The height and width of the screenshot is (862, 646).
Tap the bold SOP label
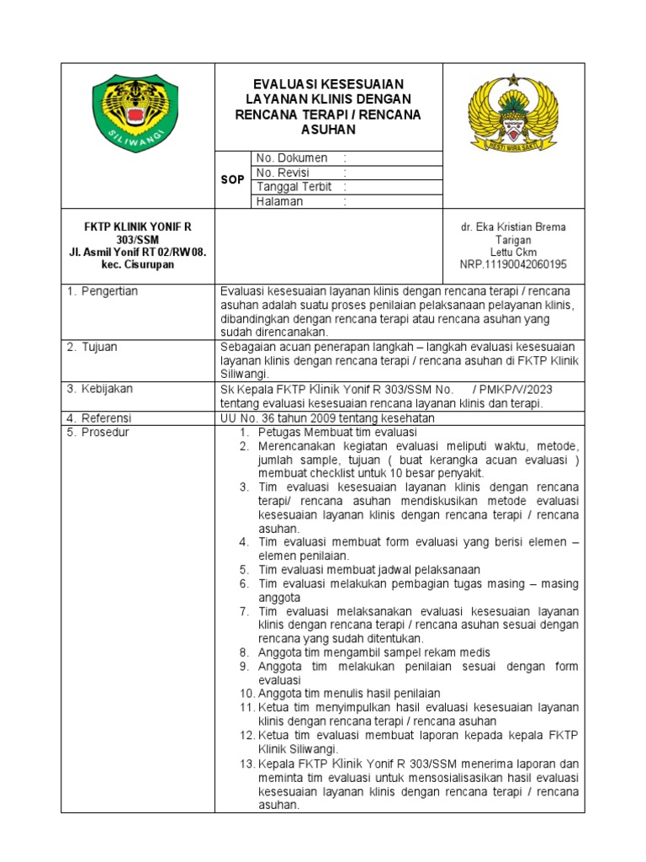(x=233, y=180)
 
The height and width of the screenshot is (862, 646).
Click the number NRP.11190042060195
(x=513, y=264)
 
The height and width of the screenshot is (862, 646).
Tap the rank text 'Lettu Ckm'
(x=513, y=252)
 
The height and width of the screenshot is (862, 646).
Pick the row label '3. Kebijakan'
(x=100, y=389)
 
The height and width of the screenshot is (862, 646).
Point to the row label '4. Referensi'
(x=100, y=418)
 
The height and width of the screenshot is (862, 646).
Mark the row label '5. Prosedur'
(x=98, y=432)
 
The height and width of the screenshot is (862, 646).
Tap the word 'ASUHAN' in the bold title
(x=328, y=130)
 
